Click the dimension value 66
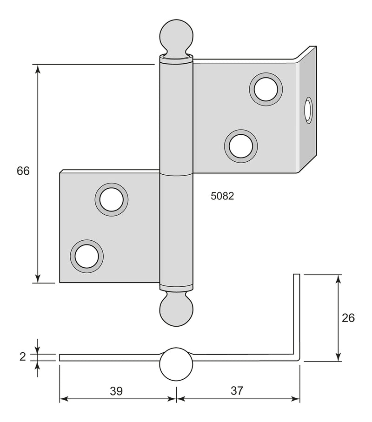click(x=23, y=171)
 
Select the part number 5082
click(x=222, y=196)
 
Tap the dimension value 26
click(x=348, y=318)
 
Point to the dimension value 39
click(x=116, y=391)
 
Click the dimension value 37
click(x=237, y=391)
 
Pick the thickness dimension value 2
click(x=22, y=357)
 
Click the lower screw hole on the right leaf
click(x=241, y=145)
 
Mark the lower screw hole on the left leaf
click(x=87, y=256)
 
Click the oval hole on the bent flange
click(x=308, y=111)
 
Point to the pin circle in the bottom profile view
click(x=176, y=364)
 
